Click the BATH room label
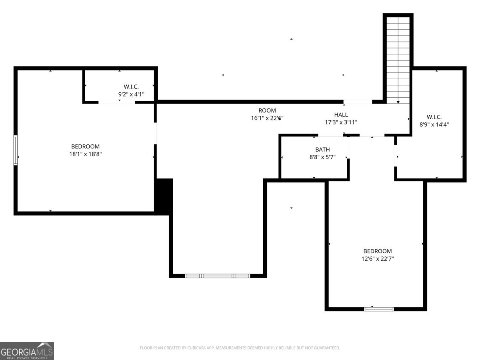(322, 150)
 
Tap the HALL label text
(341, 115)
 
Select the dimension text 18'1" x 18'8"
(86, 154)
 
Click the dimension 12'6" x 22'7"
(378, 259)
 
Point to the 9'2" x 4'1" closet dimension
(131, 94)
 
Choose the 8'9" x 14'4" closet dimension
(434, 124)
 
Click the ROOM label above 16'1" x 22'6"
(267, 111)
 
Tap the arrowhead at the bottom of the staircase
(398, 102)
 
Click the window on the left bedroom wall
(16, 150)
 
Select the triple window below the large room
(217, 276)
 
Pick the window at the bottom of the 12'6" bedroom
(379, 309)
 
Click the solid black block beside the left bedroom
(164, 196)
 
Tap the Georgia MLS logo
(27, 351)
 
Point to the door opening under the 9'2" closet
(116, 102)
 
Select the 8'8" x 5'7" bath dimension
(322, 157)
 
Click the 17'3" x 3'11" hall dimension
(341, 122)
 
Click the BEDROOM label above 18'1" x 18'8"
(86, 146)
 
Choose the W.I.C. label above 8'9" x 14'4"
(434, 117)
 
